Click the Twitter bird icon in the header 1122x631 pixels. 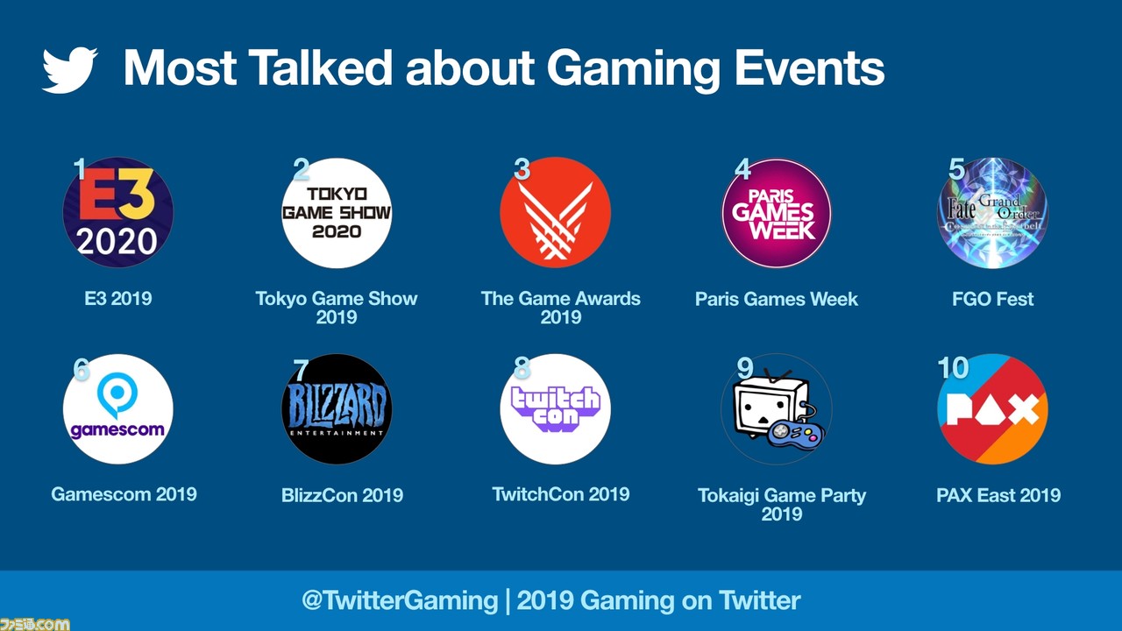click(x=69, y=70)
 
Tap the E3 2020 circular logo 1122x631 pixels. click(x=117, y=212)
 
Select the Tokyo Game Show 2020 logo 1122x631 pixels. click(x=337, y=213)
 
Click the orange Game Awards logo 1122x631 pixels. click(x=555, y=212)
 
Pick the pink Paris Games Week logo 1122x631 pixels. click(x=777, y=213)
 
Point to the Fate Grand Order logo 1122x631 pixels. click(x=993, y=213)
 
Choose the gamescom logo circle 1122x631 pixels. click(x=117, y=409)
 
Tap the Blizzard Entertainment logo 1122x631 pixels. click(x=337, y=409)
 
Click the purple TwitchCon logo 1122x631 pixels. click(x=555, y=409)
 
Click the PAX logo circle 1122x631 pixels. click(x=993, y=409)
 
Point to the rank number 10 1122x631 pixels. click(x=953, y=368)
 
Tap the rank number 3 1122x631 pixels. click(x=522, y=169)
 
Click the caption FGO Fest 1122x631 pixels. click(x=993, y=299)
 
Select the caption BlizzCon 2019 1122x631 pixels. click(x=342, y=495)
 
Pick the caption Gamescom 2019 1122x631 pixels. click(x=124, y=494)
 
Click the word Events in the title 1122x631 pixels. click(x=809, y=68)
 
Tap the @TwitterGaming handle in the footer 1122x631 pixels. click(x=400, y=600)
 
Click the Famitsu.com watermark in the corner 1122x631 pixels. click(x=34, y=625)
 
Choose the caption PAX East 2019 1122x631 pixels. click(x=998, y=495)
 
